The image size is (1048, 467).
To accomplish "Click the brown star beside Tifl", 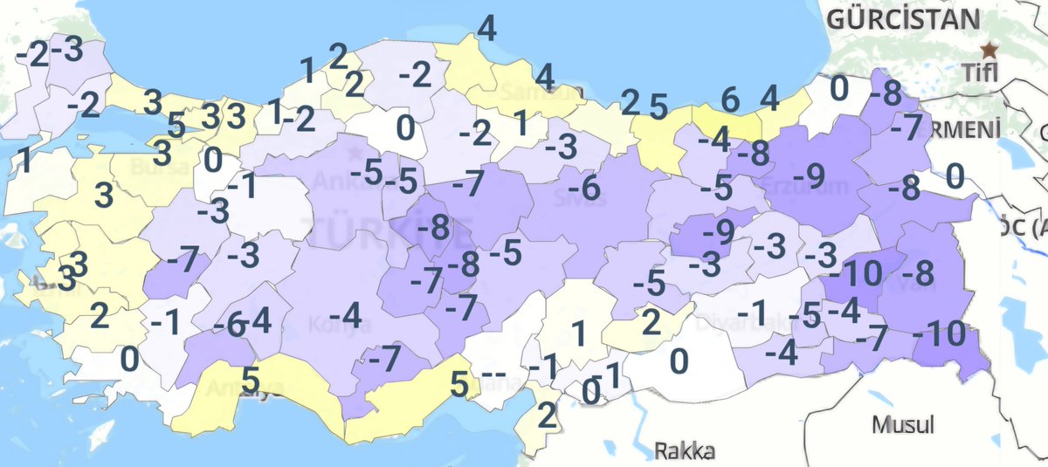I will click(989, 49).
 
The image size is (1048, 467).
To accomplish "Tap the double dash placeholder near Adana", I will click(493, 375).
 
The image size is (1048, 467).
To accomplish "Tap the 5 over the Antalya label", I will click(250, 380).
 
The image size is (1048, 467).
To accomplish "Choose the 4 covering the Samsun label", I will click(544, 77).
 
